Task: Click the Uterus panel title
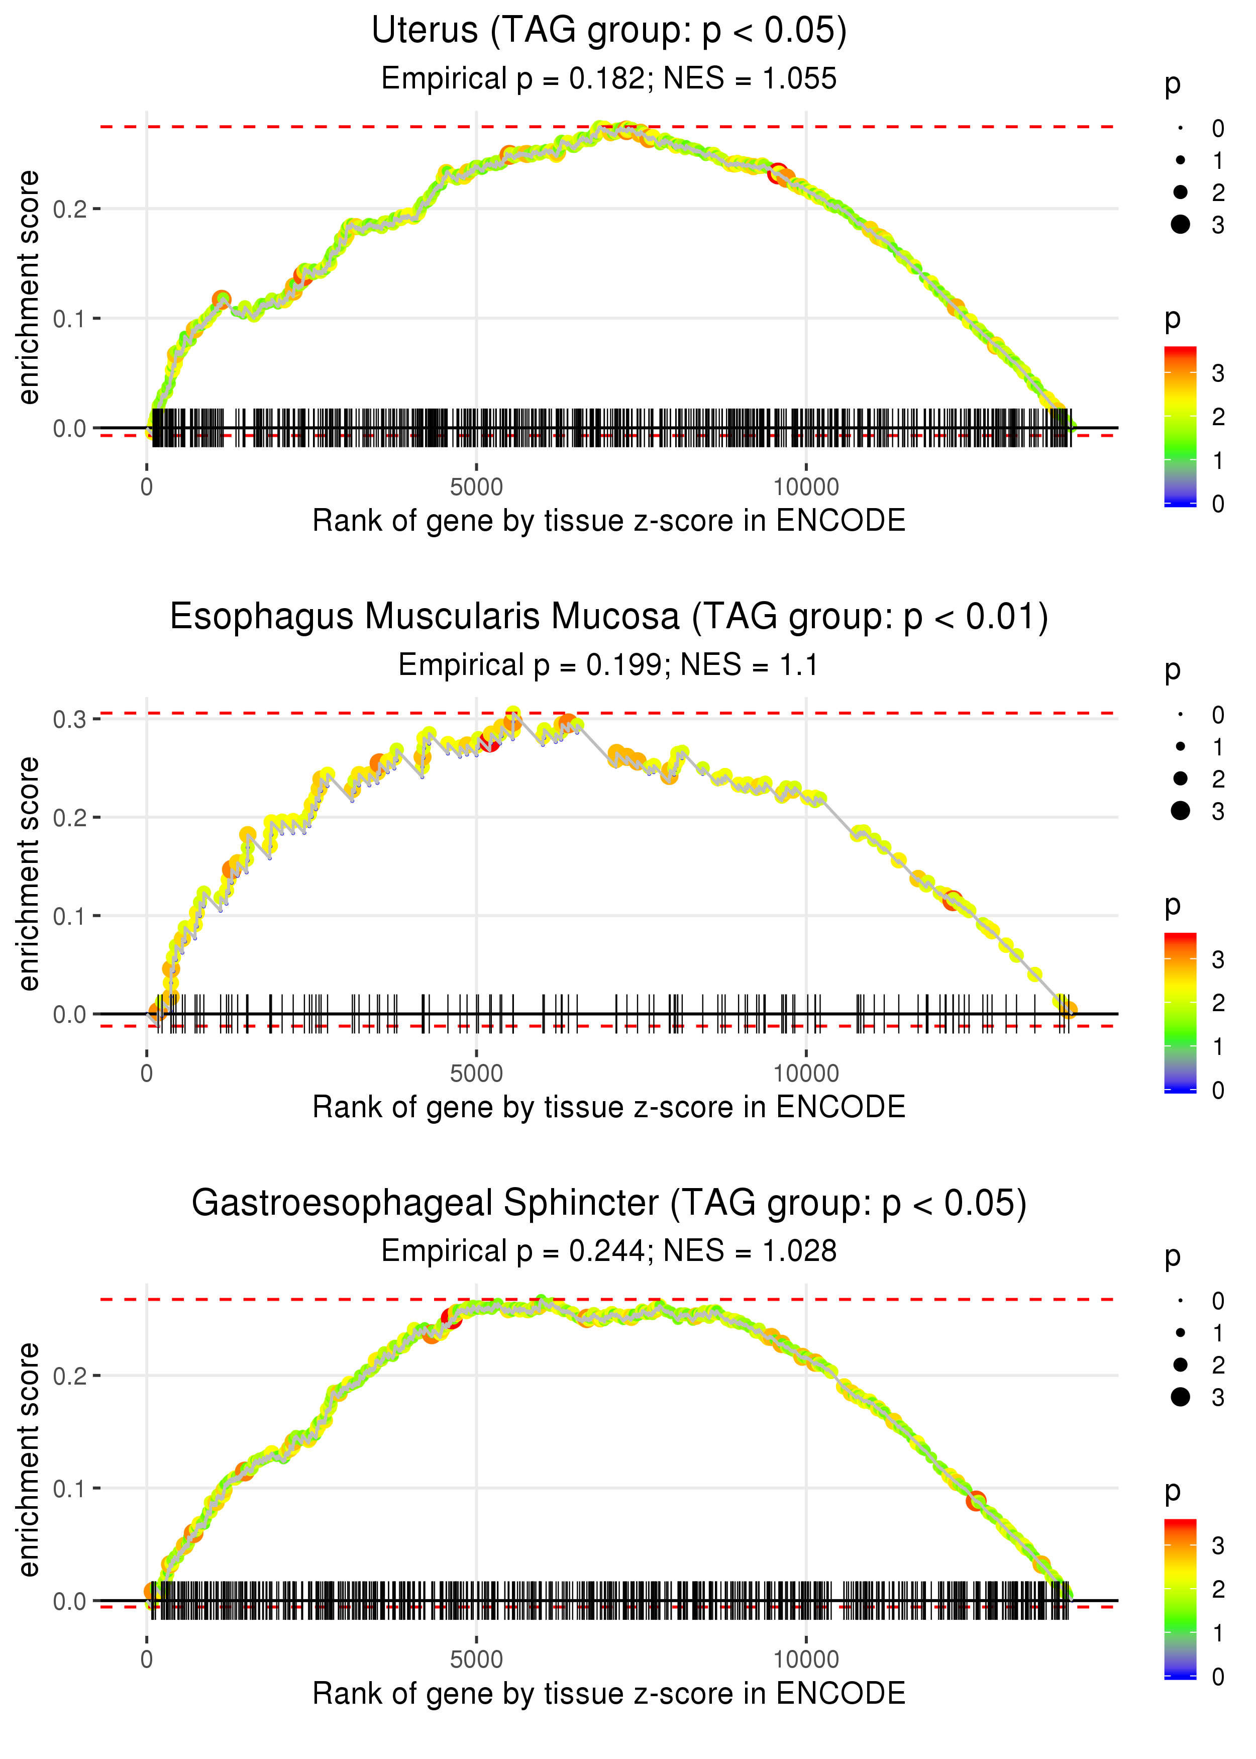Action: pos(609,30)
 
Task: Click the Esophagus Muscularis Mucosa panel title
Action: pos(609,617)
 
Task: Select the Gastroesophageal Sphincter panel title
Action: pos(609,1203)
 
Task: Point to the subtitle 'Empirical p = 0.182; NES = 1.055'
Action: pos(609,78)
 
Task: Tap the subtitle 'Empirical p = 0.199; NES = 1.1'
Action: pos(609,664)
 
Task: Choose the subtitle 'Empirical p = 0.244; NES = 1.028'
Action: pos(609,1251)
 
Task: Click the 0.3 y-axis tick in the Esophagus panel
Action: pos(70,719)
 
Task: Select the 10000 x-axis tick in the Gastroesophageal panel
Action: pos(806,1659)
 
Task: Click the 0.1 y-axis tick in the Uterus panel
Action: pos(70,319)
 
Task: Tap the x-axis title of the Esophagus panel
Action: pos(609,1107)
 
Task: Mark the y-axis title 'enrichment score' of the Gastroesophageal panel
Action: pos(29,1459)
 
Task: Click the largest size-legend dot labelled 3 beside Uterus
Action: pos(1180,224)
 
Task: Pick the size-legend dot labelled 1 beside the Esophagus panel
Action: pos(1180,746)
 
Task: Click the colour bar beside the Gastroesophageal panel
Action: pos(1180,1597)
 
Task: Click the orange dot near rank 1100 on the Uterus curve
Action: pos(222,300)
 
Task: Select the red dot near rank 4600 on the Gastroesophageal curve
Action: pos(452,1317)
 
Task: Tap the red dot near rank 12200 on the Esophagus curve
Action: pos(952,901)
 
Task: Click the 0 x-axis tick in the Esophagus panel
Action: pos(147,1073)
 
